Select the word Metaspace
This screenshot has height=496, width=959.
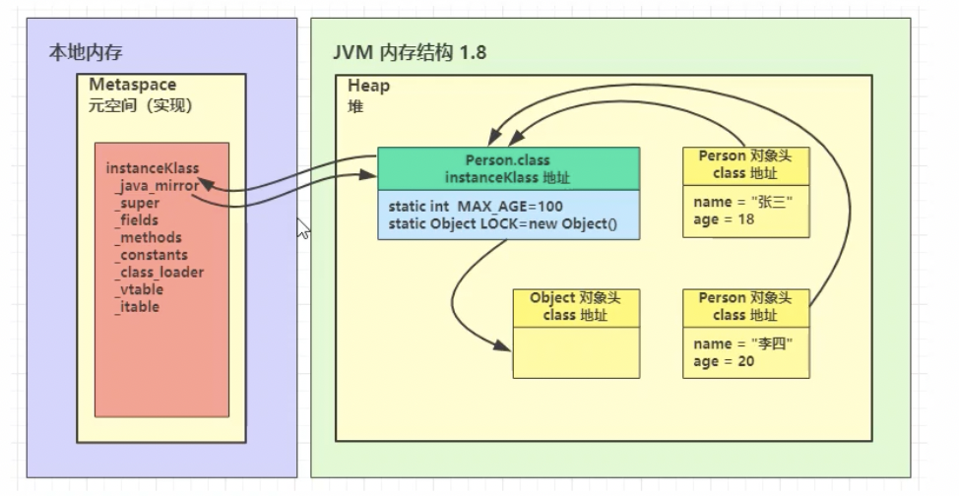coord(124,86)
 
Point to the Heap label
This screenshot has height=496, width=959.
coord(369,87)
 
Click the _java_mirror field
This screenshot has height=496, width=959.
coord(158,185)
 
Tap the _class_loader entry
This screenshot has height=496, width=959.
coord(160,272)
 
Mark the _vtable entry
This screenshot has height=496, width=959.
coord(139,289)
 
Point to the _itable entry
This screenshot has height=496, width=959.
coord(137,307)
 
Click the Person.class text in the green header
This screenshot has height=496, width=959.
coord(508,158)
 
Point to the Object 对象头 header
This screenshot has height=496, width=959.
coord(575,297)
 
